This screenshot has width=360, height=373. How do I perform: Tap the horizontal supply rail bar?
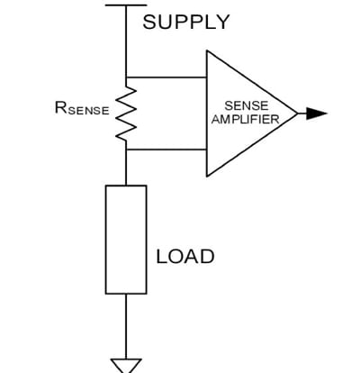[125, 5]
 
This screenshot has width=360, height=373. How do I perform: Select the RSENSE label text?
[82, 111]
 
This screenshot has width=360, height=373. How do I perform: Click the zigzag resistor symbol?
[126, 114]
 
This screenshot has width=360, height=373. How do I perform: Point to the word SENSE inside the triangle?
[246, 105]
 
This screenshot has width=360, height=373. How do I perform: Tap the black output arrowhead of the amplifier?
[316, 114]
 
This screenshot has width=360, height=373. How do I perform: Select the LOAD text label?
[185, 256]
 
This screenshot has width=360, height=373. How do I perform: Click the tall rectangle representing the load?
[125, 239]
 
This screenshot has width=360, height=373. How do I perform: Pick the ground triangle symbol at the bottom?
[125, 364]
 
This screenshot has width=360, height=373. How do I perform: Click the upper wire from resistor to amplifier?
[166, 77]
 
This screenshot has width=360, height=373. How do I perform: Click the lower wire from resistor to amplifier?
[166, 150]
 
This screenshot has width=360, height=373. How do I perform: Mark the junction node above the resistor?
[126, 77]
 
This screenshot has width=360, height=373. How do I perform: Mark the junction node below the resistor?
[126, 150]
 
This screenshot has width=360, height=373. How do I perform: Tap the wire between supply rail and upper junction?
[125, 41]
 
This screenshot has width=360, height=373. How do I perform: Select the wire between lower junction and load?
[125, 168]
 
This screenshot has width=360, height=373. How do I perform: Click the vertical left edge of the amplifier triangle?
[207, 114]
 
